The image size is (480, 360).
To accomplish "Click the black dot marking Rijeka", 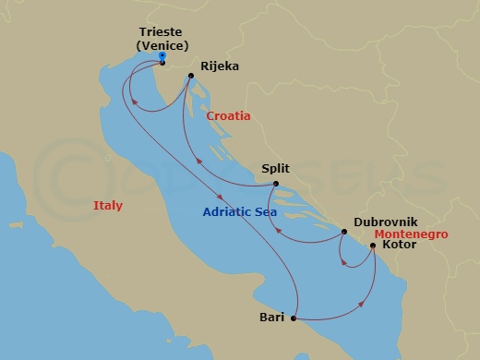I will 190,77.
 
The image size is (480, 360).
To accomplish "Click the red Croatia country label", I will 228,117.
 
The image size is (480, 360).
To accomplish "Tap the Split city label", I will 276,168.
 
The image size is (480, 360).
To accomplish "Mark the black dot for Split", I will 275,184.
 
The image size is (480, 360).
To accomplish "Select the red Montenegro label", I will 412,234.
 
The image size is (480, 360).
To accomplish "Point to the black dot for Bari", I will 294,319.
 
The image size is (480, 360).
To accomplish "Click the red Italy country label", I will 108,205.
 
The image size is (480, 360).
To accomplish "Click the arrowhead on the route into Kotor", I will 360,304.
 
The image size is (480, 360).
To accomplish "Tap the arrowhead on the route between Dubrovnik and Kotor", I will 343,260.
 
